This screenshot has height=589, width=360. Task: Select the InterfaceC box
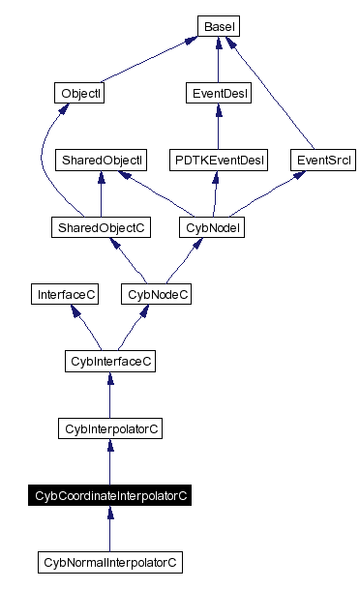click(65, 294)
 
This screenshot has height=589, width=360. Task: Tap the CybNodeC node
click(154, 294)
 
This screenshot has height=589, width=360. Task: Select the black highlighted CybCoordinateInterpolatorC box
click(109, 495)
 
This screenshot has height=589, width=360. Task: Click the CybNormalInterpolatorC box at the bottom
click(109, 562)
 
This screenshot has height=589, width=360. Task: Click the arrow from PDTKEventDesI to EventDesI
click(217, 127)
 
